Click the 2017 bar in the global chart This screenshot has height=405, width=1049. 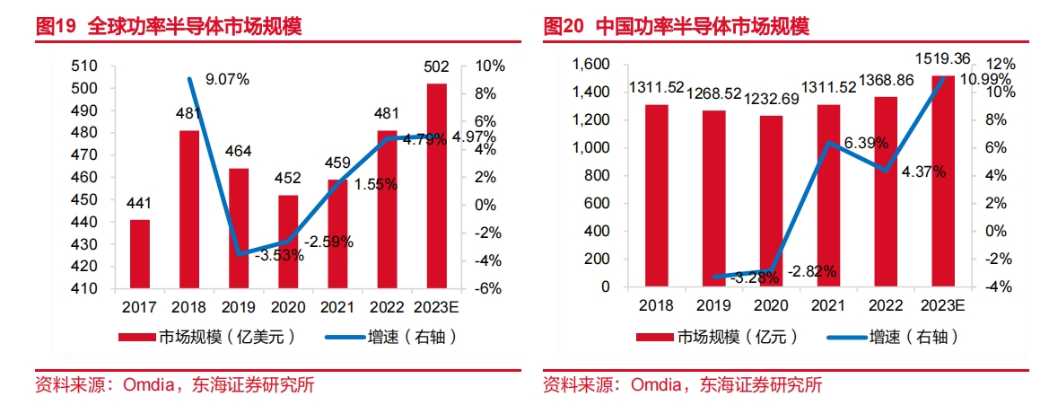click(x=140, y=254)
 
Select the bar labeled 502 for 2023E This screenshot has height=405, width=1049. click(x=436, y=186)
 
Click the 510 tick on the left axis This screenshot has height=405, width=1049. click(x=83, y=66)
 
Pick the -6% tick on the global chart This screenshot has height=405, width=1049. click(x=489, y=289)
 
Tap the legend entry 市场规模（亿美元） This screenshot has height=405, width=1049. click(x=207, y=338)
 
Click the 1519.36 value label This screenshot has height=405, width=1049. click(x=941, y=59)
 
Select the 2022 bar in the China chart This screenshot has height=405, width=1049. click(x=885, y=191)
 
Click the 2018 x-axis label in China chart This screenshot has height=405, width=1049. click(x=657, y=305)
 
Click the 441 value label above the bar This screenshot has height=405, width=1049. click(x=140, y=203)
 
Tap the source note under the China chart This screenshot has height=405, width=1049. click(x=683, y=386)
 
